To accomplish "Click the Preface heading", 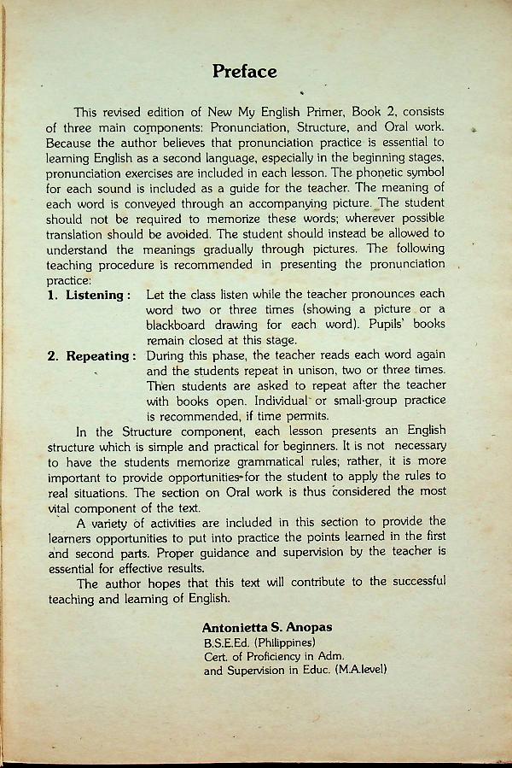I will tap(244, 72).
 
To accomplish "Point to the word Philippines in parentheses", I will tap(281, 642).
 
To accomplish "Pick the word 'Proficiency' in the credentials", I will tap(281, 656).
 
